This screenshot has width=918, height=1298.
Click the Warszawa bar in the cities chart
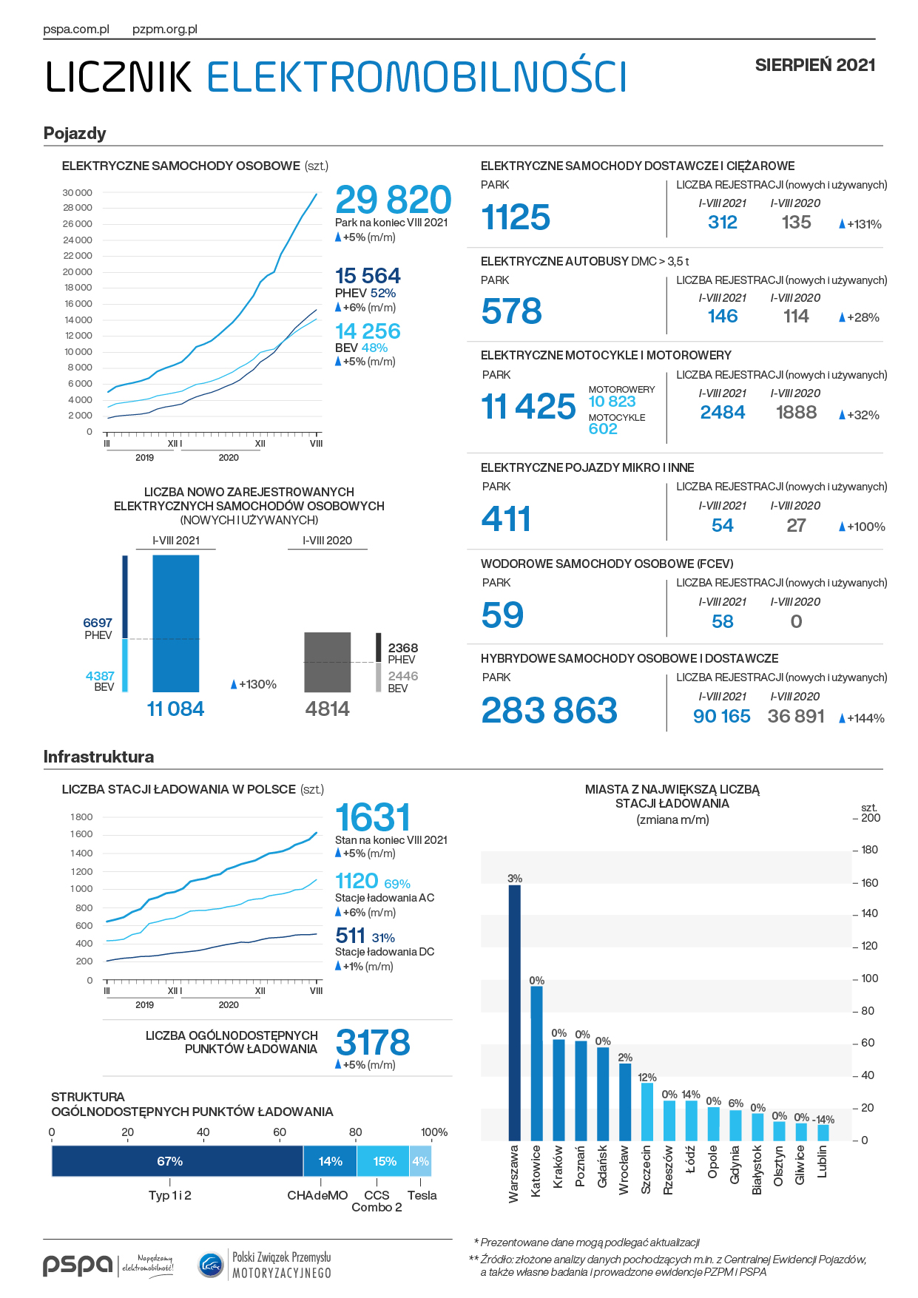coord(514,1013)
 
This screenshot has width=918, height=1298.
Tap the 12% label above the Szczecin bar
coord(647,1078)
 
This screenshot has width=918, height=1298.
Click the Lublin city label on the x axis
coord(823,1162)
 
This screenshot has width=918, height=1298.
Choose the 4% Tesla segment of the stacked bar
coord(420,1161)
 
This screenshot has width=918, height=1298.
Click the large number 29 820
coord(393,200)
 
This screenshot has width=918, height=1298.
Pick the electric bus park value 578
coord(511,311)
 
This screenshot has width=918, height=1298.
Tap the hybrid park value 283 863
coord(549,711)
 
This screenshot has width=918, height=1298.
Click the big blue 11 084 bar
coord(175,623)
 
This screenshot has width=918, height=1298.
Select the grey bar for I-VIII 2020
coord(328,662)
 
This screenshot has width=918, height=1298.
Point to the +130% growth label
coord(254,685)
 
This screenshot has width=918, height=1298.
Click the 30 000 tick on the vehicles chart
coord(78,193)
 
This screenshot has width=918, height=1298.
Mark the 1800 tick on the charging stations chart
coord(81,817)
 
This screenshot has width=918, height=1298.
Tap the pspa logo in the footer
coord(78,1265)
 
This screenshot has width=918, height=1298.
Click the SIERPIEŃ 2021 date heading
coord(815,65)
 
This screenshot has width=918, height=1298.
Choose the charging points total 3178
coord(373,1043)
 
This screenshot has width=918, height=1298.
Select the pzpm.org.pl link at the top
coord(165,30)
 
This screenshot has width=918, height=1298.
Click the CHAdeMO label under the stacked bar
coord(317,1195)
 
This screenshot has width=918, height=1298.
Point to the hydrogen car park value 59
coord(502,615)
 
